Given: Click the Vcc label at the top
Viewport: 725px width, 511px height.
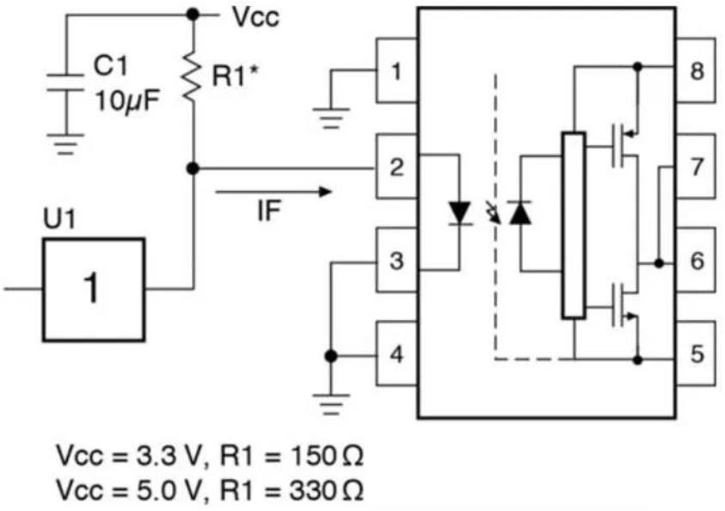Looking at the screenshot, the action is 255,17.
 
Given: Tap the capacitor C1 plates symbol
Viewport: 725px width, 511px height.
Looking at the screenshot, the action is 65,82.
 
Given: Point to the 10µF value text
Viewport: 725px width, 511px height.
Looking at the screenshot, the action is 127,100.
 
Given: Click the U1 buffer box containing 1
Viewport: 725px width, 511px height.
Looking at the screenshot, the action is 94,290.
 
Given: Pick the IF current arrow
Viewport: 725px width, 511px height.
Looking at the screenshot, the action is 273,192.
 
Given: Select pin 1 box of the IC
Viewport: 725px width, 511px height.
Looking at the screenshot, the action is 396,71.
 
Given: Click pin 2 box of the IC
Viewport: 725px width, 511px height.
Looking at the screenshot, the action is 396,167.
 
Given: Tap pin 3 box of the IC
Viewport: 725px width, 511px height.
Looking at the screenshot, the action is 396,260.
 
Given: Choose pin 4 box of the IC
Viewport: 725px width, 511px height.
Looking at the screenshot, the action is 396,354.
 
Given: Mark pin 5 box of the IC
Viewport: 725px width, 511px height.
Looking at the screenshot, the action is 696,354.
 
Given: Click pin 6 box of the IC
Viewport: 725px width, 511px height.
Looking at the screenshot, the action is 696,260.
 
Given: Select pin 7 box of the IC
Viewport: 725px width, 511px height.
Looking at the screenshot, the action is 696,167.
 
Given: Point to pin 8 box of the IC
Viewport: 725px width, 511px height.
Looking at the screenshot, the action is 696,71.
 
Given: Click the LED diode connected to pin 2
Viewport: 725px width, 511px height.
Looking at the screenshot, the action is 460,213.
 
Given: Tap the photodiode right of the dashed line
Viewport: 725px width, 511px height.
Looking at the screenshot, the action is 520,213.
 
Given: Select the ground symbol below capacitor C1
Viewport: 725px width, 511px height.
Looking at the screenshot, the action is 65,145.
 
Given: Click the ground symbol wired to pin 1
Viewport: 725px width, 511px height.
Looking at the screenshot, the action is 331,119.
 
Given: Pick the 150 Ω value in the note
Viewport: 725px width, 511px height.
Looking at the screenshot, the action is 327,456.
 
